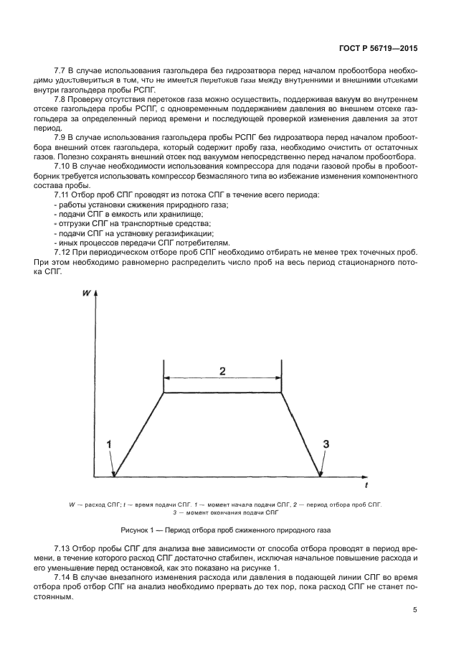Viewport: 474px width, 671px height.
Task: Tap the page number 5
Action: click(x=414, y=610)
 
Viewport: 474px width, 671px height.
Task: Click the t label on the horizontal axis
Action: click(x=366, y=486)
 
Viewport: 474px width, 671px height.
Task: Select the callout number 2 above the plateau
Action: click(x=222, y=371)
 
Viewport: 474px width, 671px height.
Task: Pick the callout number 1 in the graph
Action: click(x=109, y=445)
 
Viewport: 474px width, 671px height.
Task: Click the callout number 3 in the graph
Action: click(x=326, y=445)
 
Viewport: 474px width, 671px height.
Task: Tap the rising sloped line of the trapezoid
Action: click(x=140, y=433)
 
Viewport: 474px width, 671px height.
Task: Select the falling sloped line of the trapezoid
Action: click(x=300, y=433)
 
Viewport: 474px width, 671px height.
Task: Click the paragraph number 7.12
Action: click(x=63, y=252)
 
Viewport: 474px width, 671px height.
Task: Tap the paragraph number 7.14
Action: click(x=63, y=578)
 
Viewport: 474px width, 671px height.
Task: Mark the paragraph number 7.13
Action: click(x=63, y=548)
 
